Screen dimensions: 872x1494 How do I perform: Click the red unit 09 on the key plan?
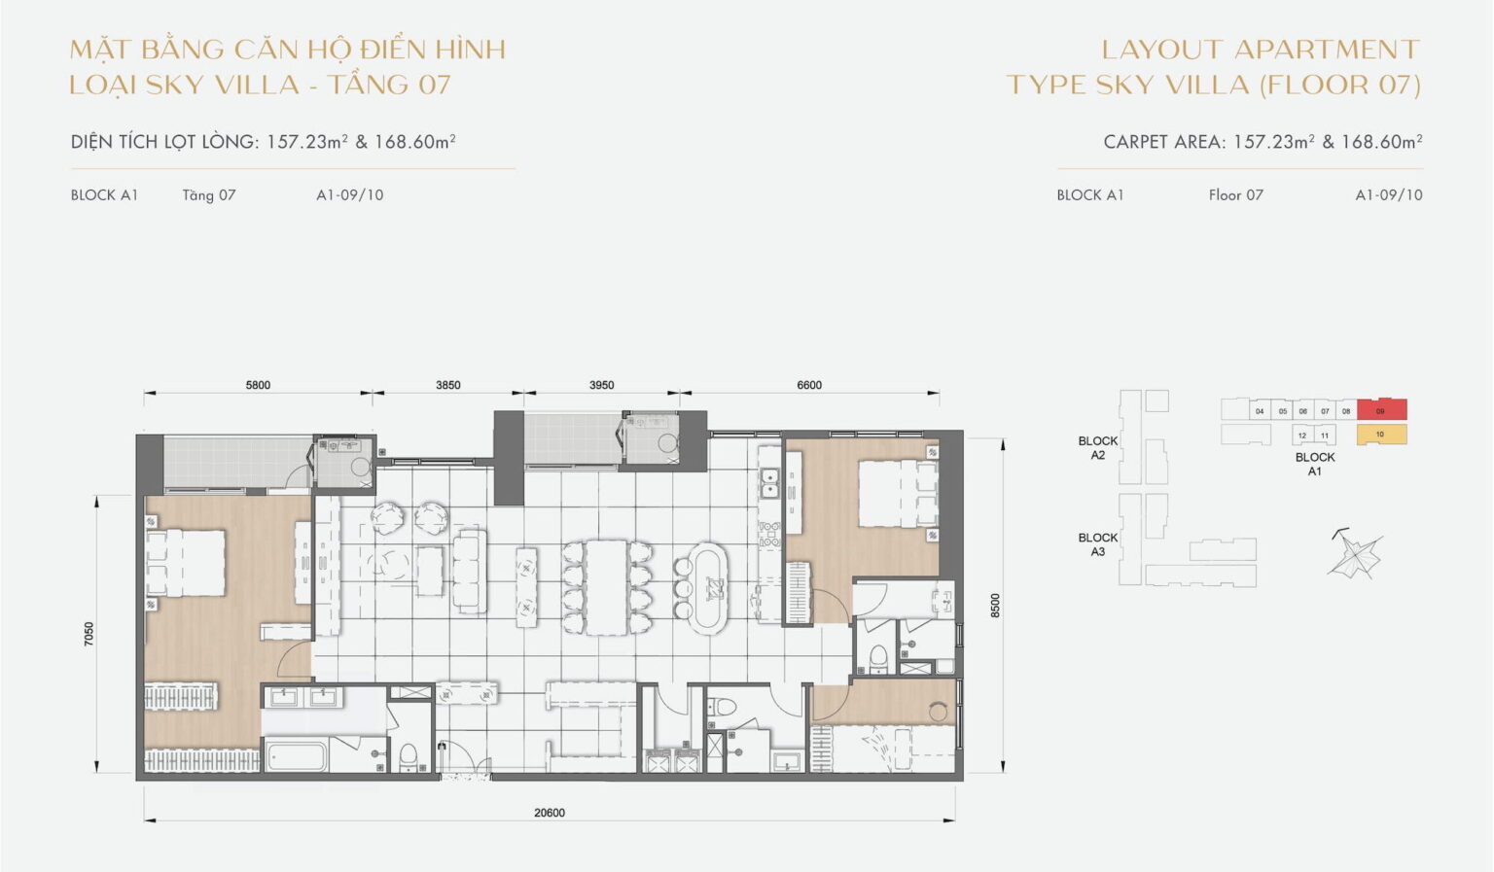[1381, 410]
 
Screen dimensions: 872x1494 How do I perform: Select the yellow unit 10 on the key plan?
[1381, 435]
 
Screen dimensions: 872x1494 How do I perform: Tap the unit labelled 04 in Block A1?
[1260, 411]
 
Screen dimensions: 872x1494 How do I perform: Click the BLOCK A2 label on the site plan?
[1097, 448]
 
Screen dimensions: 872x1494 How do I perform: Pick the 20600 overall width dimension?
[550, 813]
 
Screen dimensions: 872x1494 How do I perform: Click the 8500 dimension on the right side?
[994, 605]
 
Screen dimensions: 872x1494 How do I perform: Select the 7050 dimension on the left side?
[89, 634]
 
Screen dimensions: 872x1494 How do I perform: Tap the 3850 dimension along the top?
[447, 385]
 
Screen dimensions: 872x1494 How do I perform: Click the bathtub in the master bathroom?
[297, 756]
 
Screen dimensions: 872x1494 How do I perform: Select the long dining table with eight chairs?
[607, 587]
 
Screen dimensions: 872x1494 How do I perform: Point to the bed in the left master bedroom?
[186, 563]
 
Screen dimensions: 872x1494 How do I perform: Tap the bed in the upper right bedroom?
[897, 493]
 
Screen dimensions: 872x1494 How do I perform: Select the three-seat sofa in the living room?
[470, 570]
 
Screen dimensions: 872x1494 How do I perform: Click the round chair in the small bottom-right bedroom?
[939, 713]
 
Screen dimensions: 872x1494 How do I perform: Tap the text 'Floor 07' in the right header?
[1235, 195]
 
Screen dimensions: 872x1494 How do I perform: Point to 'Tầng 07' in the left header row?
[208, 195]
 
